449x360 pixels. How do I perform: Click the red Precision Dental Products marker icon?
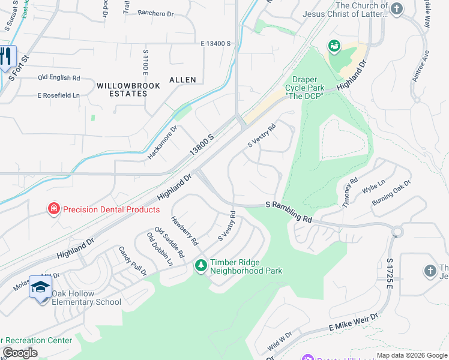point(54,209)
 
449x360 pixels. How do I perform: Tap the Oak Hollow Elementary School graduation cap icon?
point(40,287)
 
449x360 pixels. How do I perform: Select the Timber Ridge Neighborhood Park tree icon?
point(201,264)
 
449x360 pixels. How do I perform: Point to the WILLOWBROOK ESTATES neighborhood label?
point(128,89)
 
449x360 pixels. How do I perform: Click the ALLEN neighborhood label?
point(182,79)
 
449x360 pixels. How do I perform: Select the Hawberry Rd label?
point(184,231)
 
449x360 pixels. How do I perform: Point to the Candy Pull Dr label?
point(133,261)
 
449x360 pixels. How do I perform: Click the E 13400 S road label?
point(216,44)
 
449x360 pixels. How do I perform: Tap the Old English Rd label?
point(59,78)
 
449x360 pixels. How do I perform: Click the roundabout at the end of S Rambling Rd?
point(397,232)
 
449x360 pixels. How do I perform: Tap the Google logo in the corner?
point(20,353)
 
